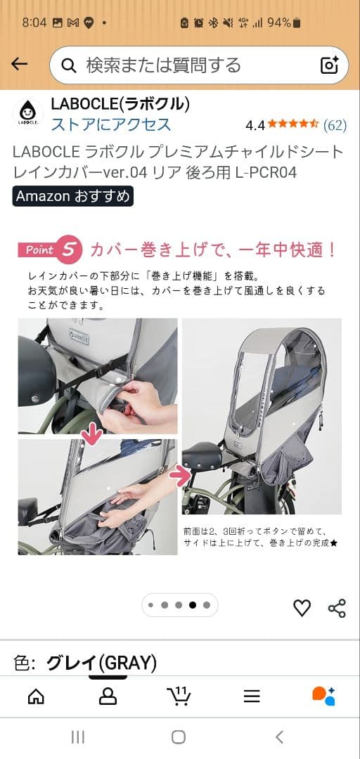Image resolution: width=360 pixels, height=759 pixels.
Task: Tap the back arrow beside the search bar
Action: pos(19,65)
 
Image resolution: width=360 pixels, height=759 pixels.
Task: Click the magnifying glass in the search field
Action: pos(69,65)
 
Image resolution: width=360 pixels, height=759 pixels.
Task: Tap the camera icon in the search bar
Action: pos(330,65)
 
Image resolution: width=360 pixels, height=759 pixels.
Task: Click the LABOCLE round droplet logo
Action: pos(27,112)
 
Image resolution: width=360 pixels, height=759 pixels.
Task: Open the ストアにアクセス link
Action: pos(110,124)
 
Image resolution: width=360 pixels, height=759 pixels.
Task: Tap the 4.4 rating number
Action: pos(255,125)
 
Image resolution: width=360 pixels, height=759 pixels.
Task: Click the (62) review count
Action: pos(335,125)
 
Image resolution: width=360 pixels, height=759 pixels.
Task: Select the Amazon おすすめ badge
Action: pos(72,196)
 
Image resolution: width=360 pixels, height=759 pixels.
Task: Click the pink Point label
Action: pos(40,249)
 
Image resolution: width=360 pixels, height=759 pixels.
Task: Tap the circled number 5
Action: pos(69,249)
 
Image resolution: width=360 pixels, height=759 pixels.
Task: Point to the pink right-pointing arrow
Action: pos(181,477)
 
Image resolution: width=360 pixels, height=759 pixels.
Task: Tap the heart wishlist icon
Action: pos(302,608)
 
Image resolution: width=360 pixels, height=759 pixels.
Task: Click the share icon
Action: pos(337,608)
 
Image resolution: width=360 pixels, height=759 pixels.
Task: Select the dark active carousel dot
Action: pos(193,605)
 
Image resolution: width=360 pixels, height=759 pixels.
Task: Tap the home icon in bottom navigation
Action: pos(35,696)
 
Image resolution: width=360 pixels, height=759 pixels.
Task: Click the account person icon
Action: pos(108,696)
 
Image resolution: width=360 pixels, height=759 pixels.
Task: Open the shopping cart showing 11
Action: pos(179,696)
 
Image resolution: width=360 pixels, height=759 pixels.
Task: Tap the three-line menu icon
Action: pos(252,696)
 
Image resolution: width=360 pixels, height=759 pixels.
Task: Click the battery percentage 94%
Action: pos(278,22)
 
